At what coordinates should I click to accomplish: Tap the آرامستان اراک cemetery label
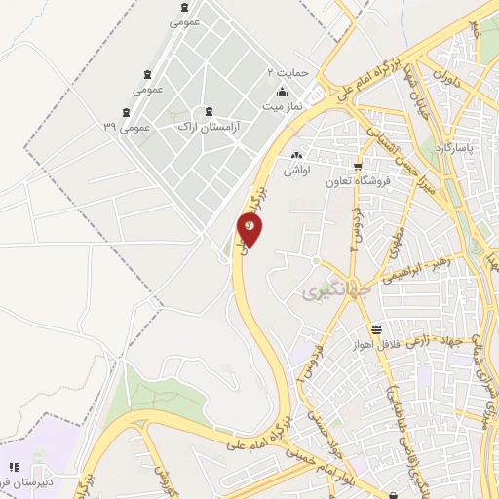click(x=212, y=127)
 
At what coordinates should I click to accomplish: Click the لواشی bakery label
click(x=296, y=170)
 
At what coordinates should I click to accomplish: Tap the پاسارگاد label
click(x=456, y=146)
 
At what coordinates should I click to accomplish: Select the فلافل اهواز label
click(x=376, y=344)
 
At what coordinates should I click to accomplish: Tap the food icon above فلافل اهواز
click(x=376, y=328)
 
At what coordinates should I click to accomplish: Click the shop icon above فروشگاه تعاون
click(x=359, y=165)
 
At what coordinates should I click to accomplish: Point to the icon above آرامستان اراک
click(x=209, y=111)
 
